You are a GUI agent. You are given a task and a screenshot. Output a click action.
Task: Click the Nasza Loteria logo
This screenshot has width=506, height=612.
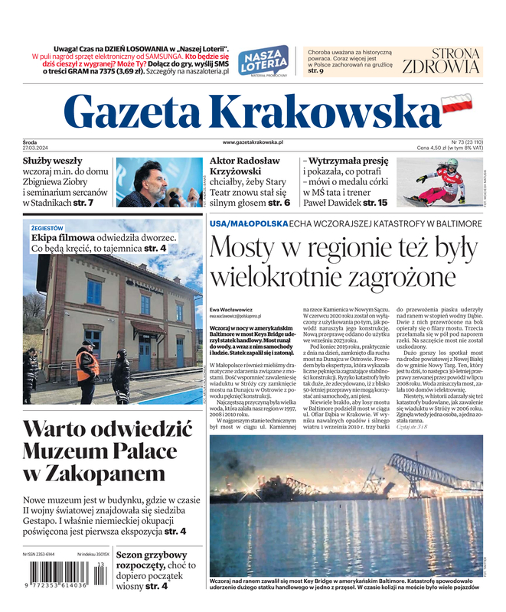pyautogui.click(x=264, y=60)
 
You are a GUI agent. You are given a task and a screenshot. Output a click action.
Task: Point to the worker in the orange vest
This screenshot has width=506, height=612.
pyautogui.click(x=87, y=366)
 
